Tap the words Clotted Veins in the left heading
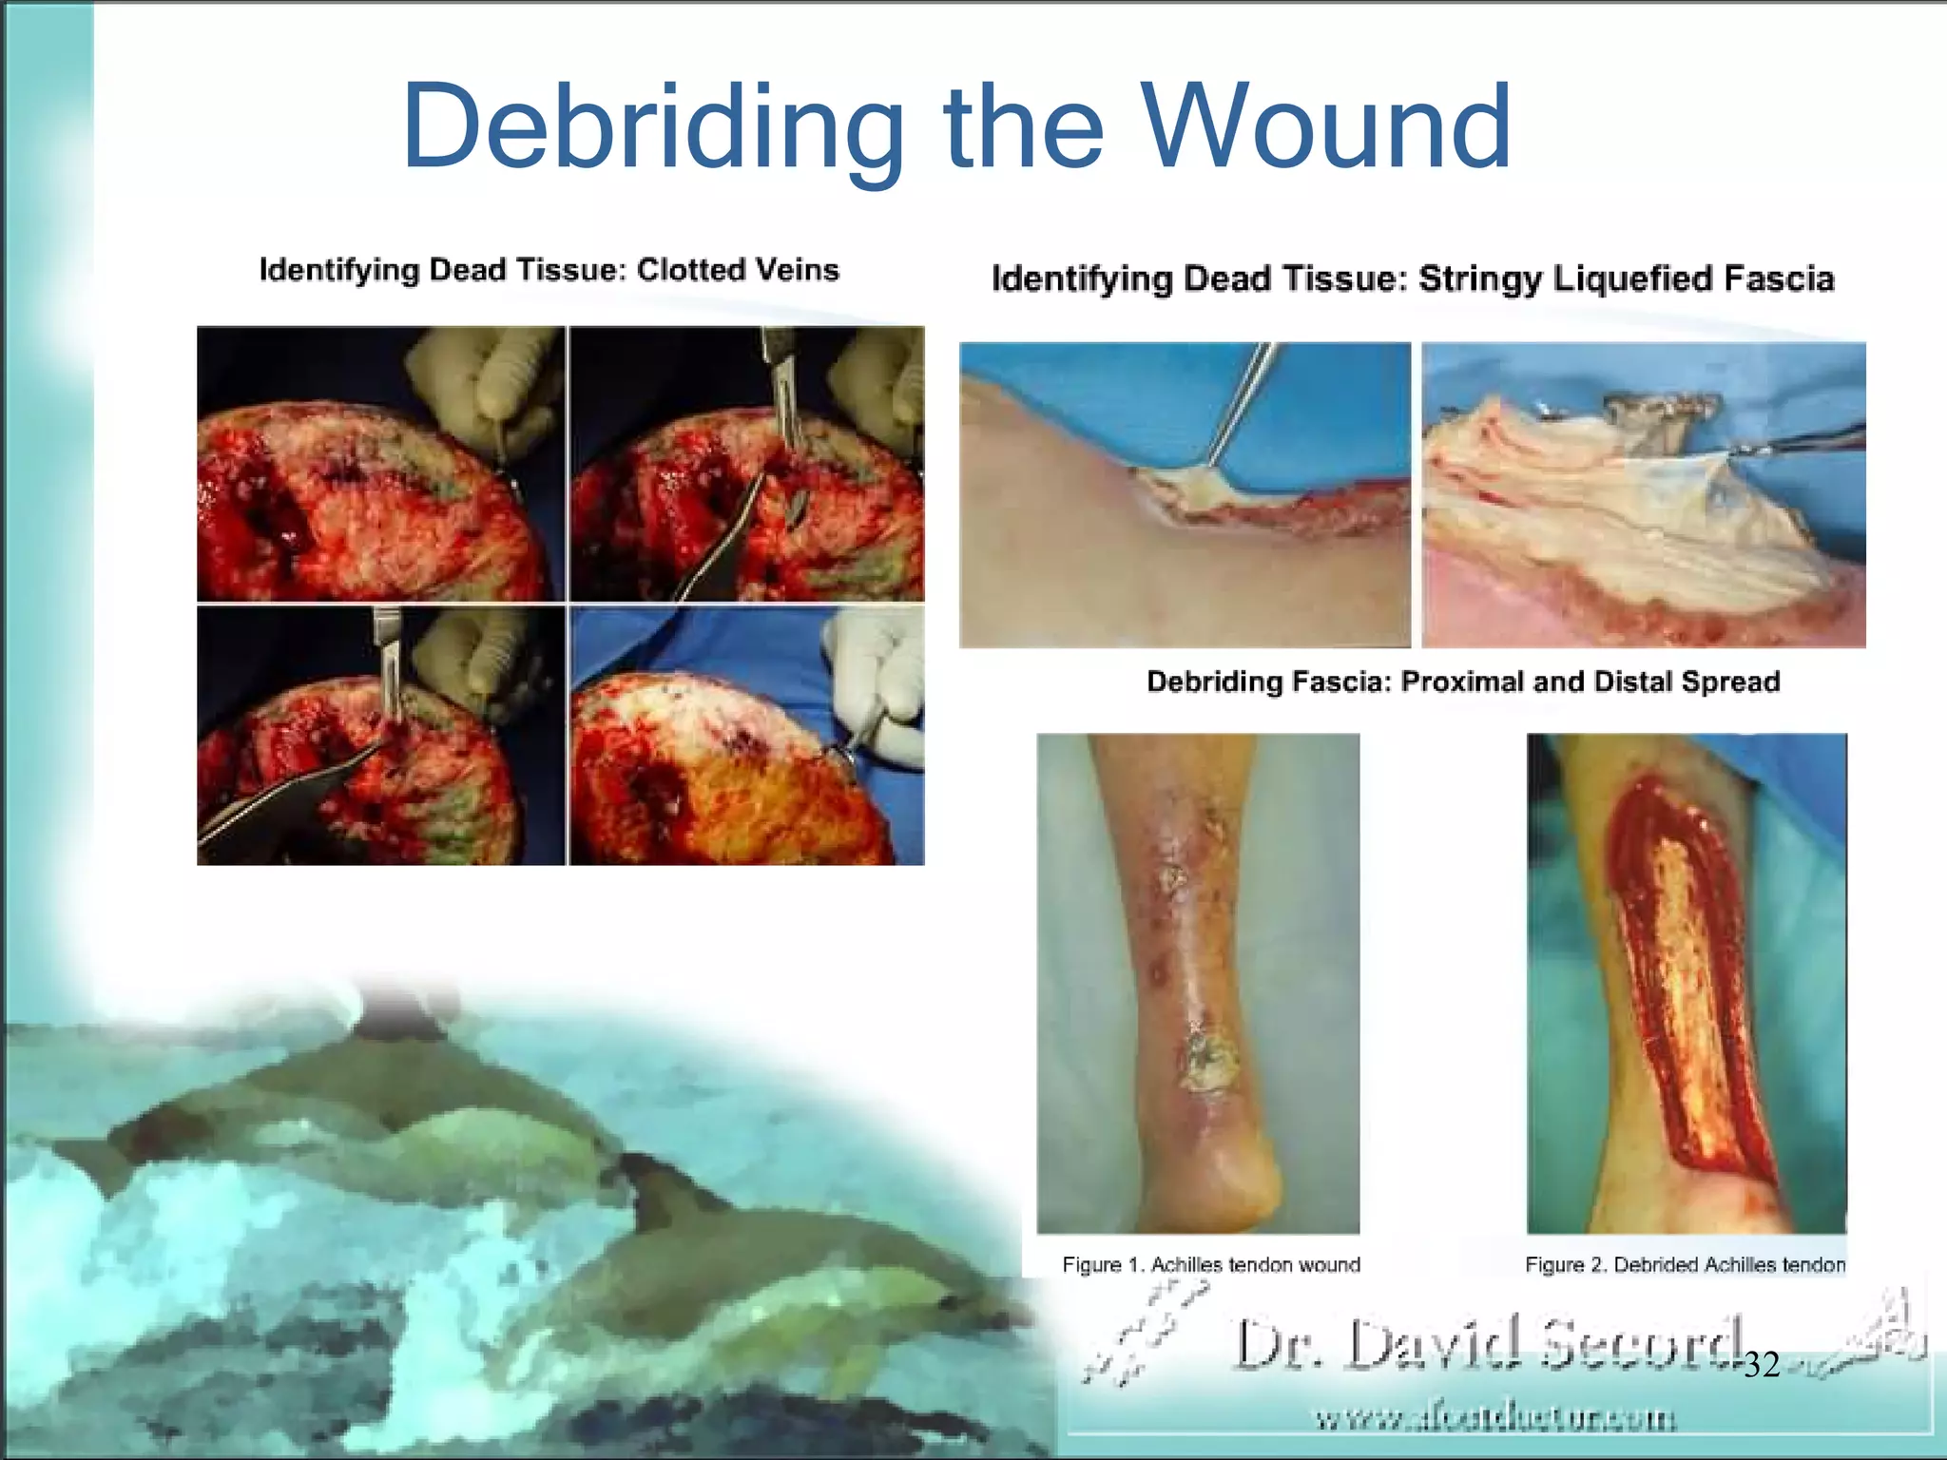[x=738, y=270]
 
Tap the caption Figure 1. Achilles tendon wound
[x=1210, y=1264]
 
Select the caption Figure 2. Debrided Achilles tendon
[x=1685, y=1264]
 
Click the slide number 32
[x=1762, y=1365]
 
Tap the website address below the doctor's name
[x=1494, y=1418]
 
